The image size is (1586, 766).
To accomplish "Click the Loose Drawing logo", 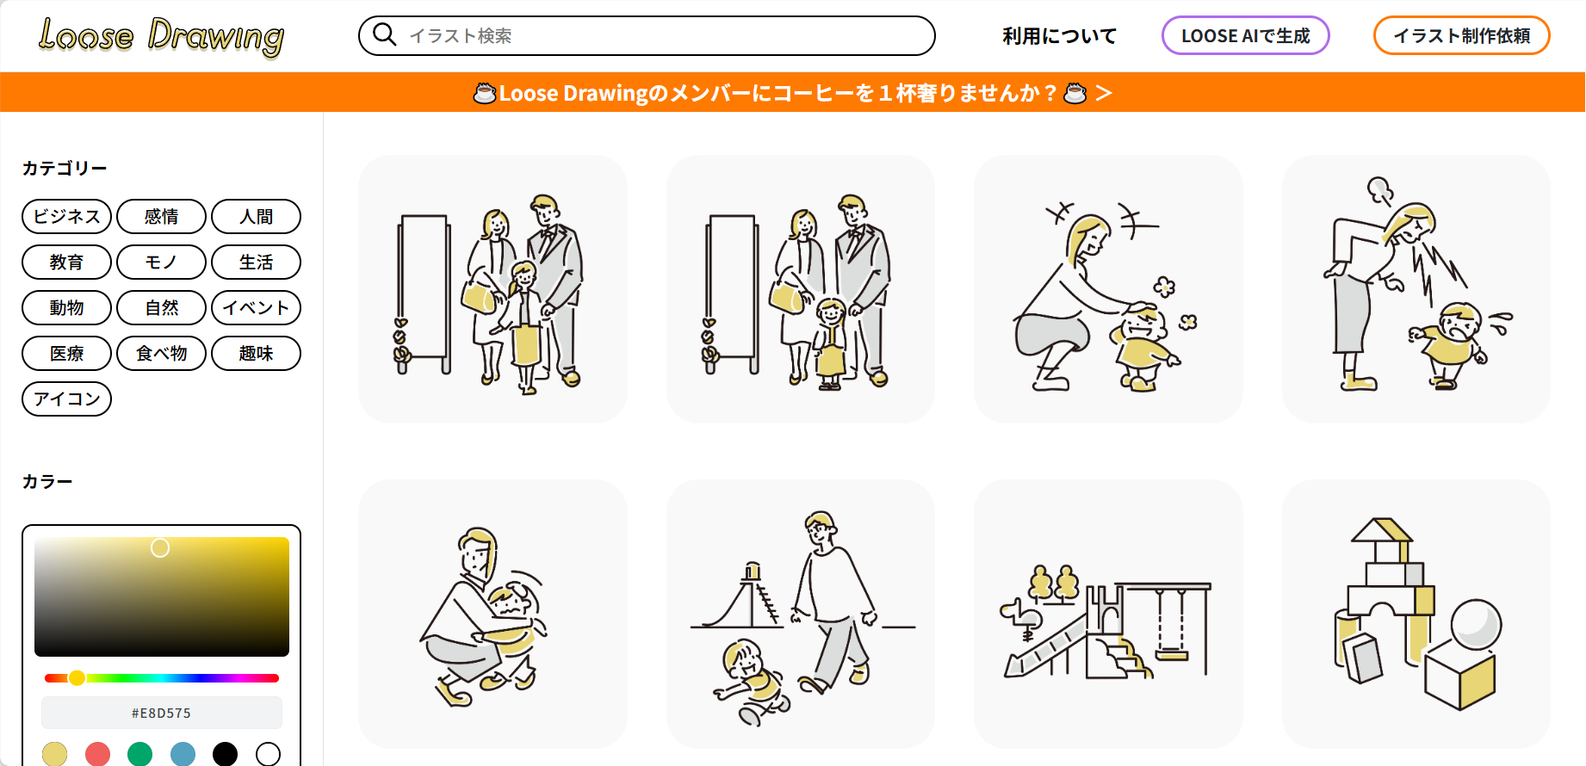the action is tap(161, 36).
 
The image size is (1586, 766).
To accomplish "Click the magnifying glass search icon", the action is tap(384, 34).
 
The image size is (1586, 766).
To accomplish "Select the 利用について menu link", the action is tap(1059, 36).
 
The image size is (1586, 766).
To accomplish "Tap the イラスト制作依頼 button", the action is tap(1461, 36).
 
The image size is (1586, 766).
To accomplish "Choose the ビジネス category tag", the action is tap(66, 216).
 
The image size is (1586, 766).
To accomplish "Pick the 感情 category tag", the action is tap(161, 216).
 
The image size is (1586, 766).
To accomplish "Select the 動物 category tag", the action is tap(66, 307).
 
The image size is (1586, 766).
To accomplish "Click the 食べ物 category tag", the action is tap(161, 353).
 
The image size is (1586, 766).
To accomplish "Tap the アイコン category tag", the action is tap(66, 398).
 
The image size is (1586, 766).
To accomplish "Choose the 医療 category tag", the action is tap(66, 353).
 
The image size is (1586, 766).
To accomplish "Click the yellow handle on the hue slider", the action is tap(77, 678).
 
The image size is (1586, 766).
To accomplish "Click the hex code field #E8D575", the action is tap(162, 713).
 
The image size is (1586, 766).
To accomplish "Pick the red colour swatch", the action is tap(97, 754).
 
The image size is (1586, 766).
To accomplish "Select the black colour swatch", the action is tap(225, 754).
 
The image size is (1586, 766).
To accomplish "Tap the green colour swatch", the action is tap(139, 754).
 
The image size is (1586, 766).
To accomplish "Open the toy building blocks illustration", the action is tap(1416, 614).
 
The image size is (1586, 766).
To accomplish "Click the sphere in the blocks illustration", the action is tap(1476, 625).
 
